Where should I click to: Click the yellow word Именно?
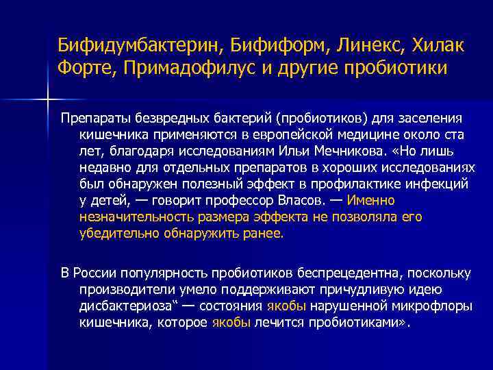(371, 201)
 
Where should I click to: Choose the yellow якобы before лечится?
(232, 323)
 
